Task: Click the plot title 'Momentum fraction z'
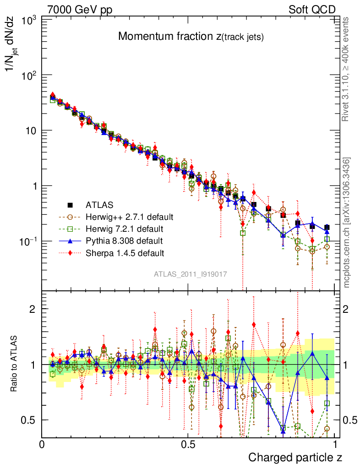[191, 37]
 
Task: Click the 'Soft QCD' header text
[312, 10]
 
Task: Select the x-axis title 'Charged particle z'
[295, 457]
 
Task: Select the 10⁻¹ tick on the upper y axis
[27, 241]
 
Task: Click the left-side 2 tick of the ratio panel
[33, 309]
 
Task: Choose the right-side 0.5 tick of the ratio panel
[349, 420]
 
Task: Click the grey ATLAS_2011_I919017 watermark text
[191, 274]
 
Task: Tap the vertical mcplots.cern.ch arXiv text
[347, 222]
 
